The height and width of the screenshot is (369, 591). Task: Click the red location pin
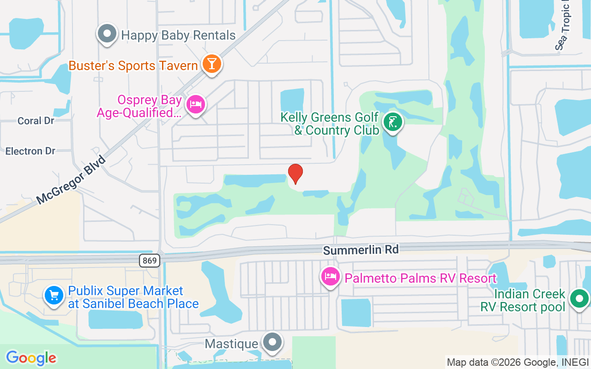[x=295, y=174]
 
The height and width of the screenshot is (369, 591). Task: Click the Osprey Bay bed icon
[x=196, y=104]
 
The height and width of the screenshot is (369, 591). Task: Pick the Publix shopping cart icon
[x=54, y=295]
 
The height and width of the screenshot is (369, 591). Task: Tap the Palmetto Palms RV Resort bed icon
[x=331, y=277]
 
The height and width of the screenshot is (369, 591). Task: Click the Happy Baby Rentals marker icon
[x=107, y=34]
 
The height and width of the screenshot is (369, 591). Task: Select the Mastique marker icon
[x=272, y=343]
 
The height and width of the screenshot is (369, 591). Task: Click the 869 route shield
[x=150, y=261]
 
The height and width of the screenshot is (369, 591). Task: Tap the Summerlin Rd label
[x=361, y=250]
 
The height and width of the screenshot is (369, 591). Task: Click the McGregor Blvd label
[x=71, y=180]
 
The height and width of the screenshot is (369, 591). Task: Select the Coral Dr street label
[x=36, y=121]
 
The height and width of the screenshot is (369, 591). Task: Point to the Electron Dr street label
[x=30, y=151]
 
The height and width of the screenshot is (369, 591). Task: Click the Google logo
[x=31, y=358]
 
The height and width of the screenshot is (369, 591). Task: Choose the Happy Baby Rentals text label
[x=178, y=35]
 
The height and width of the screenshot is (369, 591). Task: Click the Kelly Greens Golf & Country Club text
[x=330, y=124]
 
